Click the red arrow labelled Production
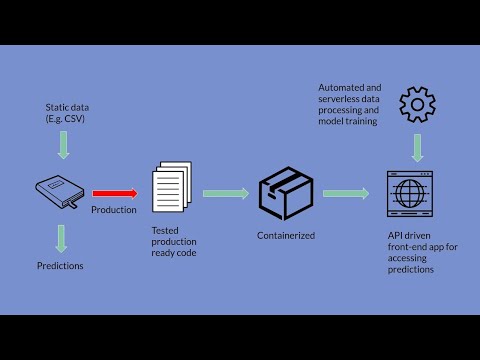(x=115, y=193)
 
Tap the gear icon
(x=417, y=105)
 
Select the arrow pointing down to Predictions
(x=62, y=238)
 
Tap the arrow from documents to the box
(x=225, y=193)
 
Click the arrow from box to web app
(x=345, y=193)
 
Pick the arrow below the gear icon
(x=417, y=147)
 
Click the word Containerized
(x=287, y=236)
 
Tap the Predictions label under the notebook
(x=60, y=265)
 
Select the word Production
(x=114, y=210)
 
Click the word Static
(x=56, y=106)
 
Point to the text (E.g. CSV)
(x=66, y=118)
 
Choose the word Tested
(x=166, y=230)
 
